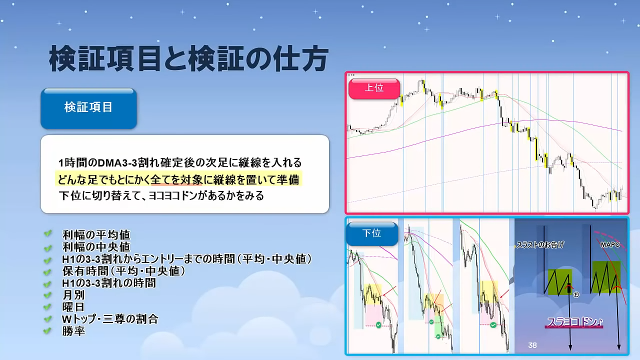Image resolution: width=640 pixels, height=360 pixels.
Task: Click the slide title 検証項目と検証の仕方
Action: pyautogui.click(x=188, y=59)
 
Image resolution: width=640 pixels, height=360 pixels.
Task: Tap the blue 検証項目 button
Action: pyautogui.click(x=88, y=108)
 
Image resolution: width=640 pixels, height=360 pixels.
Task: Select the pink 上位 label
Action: pyautogui.click(x=374, y=88)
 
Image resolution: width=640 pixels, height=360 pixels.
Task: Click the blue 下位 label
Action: pyautogui.click(x=371, y=233)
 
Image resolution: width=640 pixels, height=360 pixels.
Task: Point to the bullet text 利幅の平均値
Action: pyautogui.click(x=96, y=235)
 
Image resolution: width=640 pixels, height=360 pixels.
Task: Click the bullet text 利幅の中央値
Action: pyautogui.click(x=96, y=247)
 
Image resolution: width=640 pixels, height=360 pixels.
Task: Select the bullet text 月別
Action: pyautogui.click(x=73, y=295)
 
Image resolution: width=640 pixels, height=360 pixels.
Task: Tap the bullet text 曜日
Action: pyautogui.click(x=73, y=307)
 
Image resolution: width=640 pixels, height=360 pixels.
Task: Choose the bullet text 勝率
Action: pyautogui.click(x=73, y=331)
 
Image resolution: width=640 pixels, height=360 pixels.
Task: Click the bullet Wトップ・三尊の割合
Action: pyautogui.click(x=110, y=319)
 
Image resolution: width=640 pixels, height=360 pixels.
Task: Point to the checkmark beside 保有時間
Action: pyautogui.click(x=47, y=271)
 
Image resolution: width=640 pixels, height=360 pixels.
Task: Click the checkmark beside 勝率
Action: pyautogui.click(x=47, y=331)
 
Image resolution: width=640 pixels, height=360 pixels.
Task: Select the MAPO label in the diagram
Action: pyautogui.click(x=610, y=245)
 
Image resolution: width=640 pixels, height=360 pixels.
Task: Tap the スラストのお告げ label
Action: pyautogui.click(x=540, y=245)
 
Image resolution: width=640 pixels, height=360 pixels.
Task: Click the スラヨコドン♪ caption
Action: pyautogui.click(x=575, y=322)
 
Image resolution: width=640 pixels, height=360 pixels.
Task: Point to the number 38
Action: pyautogui.click(x=532, y=345)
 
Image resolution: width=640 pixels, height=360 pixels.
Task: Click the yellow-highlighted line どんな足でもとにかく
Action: pyautogui.click(x=178, y=179)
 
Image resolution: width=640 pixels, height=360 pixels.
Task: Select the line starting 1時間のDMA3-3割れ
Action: pyautogui.click(x=180, y=162)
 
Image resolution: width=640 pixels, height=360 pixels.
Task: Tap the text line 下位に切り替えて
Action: pyautogui.click(x=161, y=196)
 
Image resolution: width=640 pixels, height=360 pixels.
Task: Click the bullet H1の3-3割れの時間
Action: pyautogui.click(x=109, y=283)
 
